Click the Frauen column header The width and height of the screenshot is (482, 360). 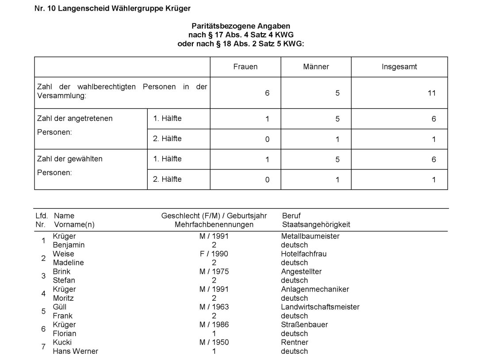(x=245, y=67)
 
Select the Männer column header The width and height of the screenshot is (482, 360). (x=316, y=67)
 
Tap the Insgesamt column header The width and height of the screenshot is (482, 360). (x=399, y=67)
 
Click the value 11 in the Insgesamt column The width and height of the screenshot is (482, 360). (x=432, y=93)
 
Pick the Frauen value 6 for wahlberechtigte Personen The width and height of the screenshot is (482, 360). (x=267, y=93)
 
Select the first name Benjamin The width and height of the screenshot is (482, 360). (x=69, y=245)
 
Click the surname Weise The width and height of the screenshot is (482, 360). (x=63, y=254)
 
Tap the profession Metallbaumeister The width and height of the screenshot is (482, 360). (x=310, y=236)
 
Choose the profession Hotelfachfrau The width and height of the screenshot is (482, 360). (x=303, y=254)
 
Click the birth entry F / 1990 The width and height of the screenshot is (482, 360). (x=214, y=254)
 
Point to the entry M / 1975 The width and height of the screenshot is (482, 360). (x=214, y=272)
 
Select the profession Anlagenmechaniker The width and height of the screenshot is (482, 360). (x=315, y=289)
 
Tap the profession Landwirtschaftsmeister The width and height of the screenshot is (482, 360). (x=320, y=307)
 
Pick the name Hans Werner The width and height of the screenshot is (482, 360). (x=75, y=351)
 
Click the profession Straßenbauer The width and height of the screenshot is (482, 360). (x=304, y=325)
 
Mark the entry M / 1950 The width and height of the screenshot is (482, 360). (x=214, y=342)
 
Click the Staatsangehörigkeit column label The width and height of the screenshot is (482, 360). (x=316, y=224)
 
